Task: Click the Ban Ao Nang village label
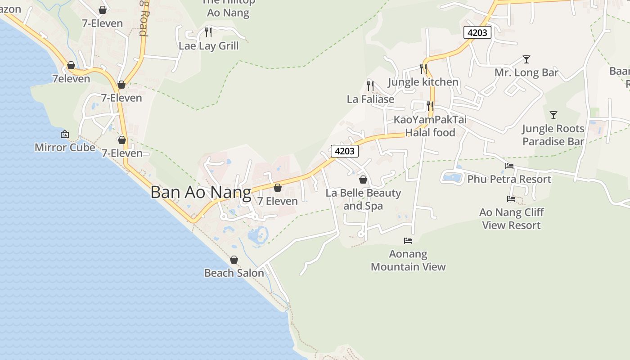click(x=201, y=192)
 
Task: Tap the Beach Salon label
click(x=234, y=273)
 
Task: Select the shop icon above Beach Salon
click(x=234, y=260)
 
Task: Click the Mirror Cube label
click(x=65, y=147)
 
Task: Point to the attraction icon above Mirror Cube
click(x=65, y=134)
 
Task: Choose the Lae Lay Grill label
click(x=209, y=46)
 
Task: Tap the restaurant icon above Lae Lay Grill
click(x=208, y=32)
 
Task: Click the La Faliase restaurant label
click(x=370, y=99)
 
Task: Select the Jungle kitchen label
click(x=423, y=82)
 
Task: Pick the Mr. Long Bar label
click(x=526, y=72)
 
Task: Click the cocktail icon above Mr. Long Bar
click(x=526, y=59)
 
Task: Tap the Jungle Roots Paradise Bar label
click(x=553, y=135)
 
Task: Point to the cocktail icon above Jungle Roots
click(x=553, y=115)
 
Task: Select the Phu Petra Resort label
click(x=509, y=179)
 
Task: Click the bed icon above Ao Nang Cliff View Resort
click(x=511, y=198)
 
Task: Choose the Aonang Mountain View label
click(x=408, y=260)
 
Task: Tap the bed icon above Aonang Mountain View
click(x=408, y=241)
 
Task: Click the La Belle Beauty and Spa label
click(x=363, y=199)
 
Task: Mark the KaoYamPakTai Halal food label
click(x=430, y=126)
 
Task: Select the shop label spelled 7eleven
click(x=71, y=79)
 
